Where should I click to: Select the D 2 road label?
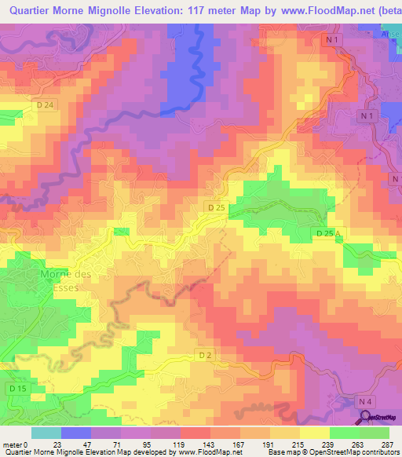point(205,356)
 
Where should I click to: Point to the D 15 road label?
point(18,389)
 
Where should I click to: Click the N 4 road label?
point(364,401)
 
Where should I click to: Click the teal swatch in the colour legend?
point(46,433)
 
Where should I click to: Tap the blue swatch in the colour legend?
point(75,433)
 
